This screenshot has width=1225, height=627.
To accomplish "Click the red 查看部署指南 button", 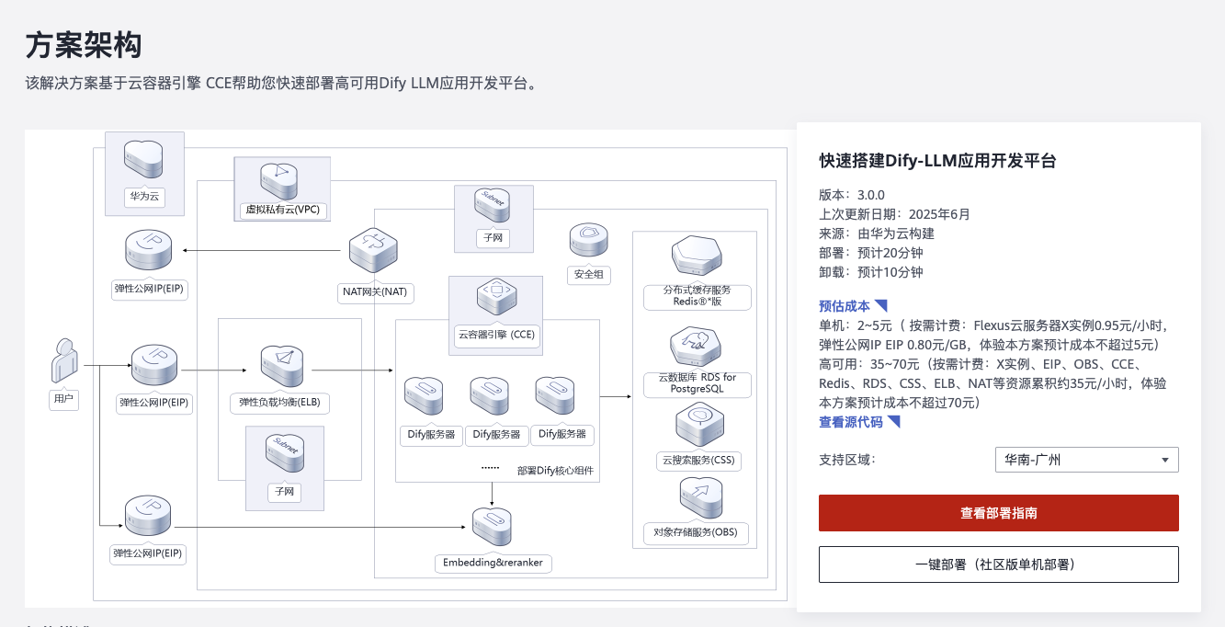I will click(x=998, y=513).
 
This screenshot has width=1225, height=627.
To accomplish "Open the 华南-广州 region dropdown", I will click(x=1086, y=460).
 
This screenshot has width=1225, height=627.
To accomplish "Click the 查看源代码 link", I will click(x=851, y=422).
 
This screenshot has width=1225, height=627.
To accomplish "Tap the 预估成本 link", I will click(x=845, y=306).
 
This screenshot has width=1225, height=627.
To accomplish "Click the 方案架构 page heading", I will click(x=84, y=44).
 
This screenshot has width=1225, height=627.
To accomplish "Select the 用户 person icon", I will click(x=63, y=360).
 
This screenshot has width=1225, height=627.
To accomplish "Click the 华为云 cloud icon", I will click(x=143, y=161).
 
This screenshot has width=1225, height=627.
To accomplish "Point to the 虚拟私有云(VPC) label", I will click(x=282, y=210).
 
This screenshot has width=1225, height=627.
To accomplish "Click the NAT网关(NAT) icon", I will click(x=372, y=252).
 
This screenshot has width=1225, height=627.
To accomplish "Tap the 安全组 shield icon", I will click(x=589, y=241).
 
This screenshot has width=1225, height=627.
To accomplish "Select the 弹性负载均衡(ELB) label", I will click(x=279, y=403).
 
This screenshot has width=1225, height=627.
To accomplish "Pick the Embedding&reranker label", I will click(x=492, y=563).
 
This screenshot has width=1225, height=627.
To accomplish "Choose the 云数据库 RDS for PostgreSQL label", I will click(x=697, y=383).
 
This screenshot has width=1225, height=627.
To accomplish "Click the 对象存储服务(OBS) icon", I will click(x=700, y=498).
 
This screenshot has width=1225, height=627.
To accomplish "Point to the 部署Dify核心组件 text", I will click(x=555, y=471).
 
